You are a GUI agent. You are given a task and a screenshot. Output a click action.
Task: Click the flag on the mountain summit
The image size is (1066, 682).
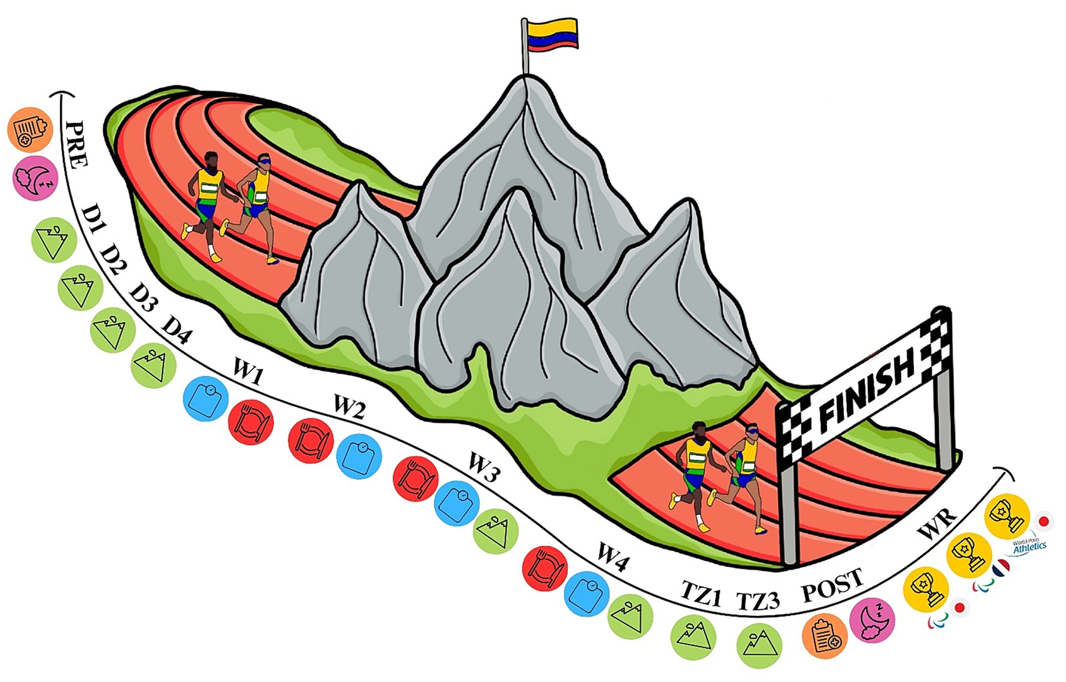550,35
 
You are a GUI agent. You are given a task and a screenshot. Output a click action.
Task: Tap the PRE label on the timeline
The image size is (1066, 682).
76,144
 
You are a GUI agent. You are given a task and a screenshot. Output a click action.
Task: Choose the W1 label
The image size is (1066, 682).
248,374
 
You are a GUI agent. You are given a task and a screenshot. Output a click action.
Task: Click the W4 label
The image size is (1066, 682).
613,556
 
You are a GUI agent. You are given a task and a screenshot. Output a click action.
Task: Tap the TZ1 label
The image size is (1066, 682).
700,594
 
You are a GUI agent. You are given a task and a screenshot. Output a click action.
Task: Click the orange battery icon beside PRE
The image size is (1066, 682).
30,131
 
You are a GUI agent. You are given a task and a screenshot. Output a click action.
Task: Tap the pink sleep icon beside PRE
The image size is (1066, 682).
35,178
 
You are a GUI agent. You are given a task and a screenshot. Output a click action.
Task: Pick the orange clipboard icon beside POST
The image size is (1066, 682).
825,635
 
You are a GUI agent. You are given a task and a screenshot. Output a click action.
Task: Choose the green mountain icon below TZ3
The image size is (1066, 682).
759,643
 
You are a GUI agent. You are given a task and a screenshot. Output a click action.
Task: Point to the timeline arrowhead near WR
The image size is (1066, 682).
1001,468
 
